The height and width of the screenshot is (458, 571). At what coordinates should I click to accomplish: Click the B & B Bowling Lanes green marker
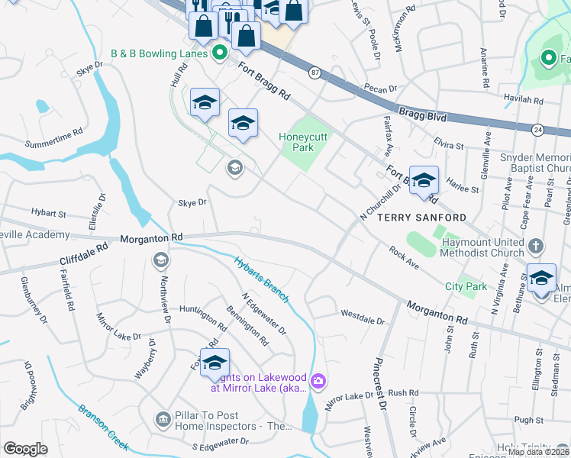(x=219, y=53)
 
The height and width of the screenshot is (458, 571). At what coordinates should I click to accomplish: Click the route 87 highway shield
(x=315, y=72)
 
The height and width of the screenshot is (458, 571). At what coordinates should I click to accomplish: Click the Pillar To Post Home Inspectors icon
(x=162, y=419)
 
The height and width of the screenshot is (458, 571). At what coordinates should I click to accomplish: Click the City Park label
(x=466, y=286)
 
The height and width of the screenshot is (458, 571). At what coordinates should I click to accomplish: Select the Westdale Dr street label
(x=362, y=314)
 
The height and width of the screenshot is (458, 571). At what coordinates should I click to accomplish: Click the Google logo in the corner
(x=25, y=449)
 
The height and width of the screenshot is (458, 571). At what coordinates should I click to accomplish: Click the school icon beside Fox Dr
(x=215, y=362)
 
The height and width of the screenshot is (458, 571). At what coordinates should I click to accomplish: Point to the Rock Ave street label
(x=404, y=257)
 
